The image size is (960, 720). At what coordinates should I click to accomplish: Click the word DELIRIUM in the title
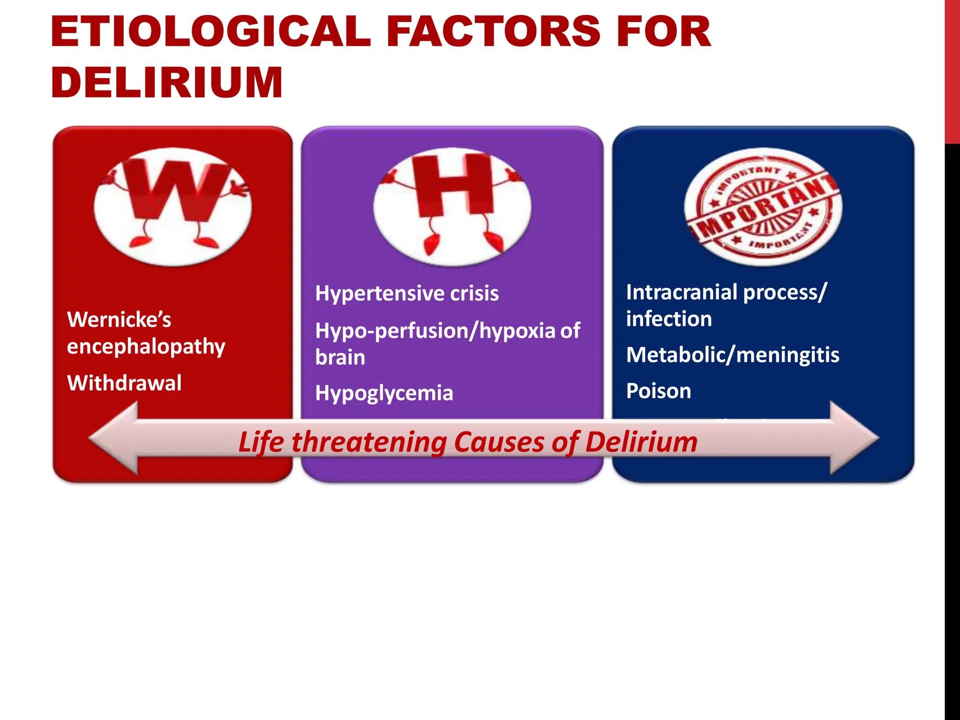[166, 82]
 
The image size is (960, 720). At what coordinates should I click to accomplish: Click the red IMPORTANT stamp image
[763, 206]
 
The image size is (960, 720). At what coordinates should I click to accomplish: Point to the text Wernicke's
[119, 320]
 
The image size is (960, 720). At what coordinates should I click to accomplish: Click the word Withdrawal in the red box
[124, 383]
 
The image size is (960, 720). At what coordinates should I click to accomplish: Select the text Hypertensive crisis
[406, 293]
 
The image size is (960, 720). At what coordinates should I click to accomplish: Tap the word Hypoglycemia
[384, 393]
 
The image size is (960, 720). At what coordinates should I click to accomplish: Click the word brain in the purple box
[340, 357]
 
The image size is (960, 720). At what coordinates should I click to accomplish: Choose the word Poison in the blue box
[659, 391]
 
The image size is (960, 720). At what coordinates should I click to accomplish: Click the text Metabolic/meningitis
[732, 355]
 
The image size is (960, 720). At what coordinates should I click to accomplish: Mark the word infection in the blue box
[669, 319]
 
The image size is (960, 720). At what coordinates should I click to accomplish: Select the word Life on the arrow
[261, 442]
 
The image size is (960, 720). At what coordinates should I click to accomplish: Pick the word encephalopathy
[146, 347]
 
